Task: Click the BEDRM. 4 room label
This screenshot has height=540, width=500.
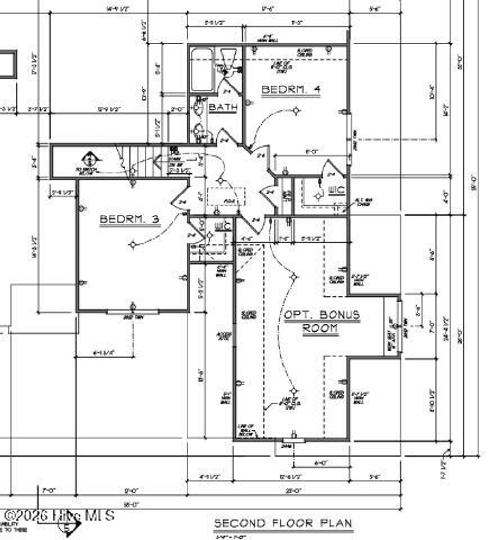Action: [291, 90]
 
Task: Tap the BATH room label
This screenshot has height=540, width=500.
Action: [223, 108]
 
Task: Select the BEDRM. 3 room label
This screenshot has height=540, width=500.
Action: [129, 219]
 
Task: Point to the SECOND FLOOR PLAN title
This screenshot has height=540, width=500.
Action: [283, 523]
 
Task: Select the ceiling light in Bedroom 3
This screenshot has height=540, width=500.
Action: [133, 244]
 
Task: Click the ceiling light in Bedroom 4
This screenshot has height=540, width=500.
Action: [296, 111]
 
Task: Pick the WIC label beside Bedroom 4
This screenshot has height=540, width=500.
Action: [337, 190]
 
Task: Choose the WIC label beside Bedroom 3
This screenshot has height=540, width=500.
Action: [223, 226]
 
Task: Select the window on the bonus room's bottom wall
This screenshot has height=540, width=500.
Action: [293, 440]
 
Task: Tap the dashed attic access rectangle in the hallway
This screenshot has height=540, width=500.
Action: [226, 196]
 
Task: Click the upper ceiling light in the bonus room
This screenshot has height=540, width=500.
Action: [293, 277]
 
